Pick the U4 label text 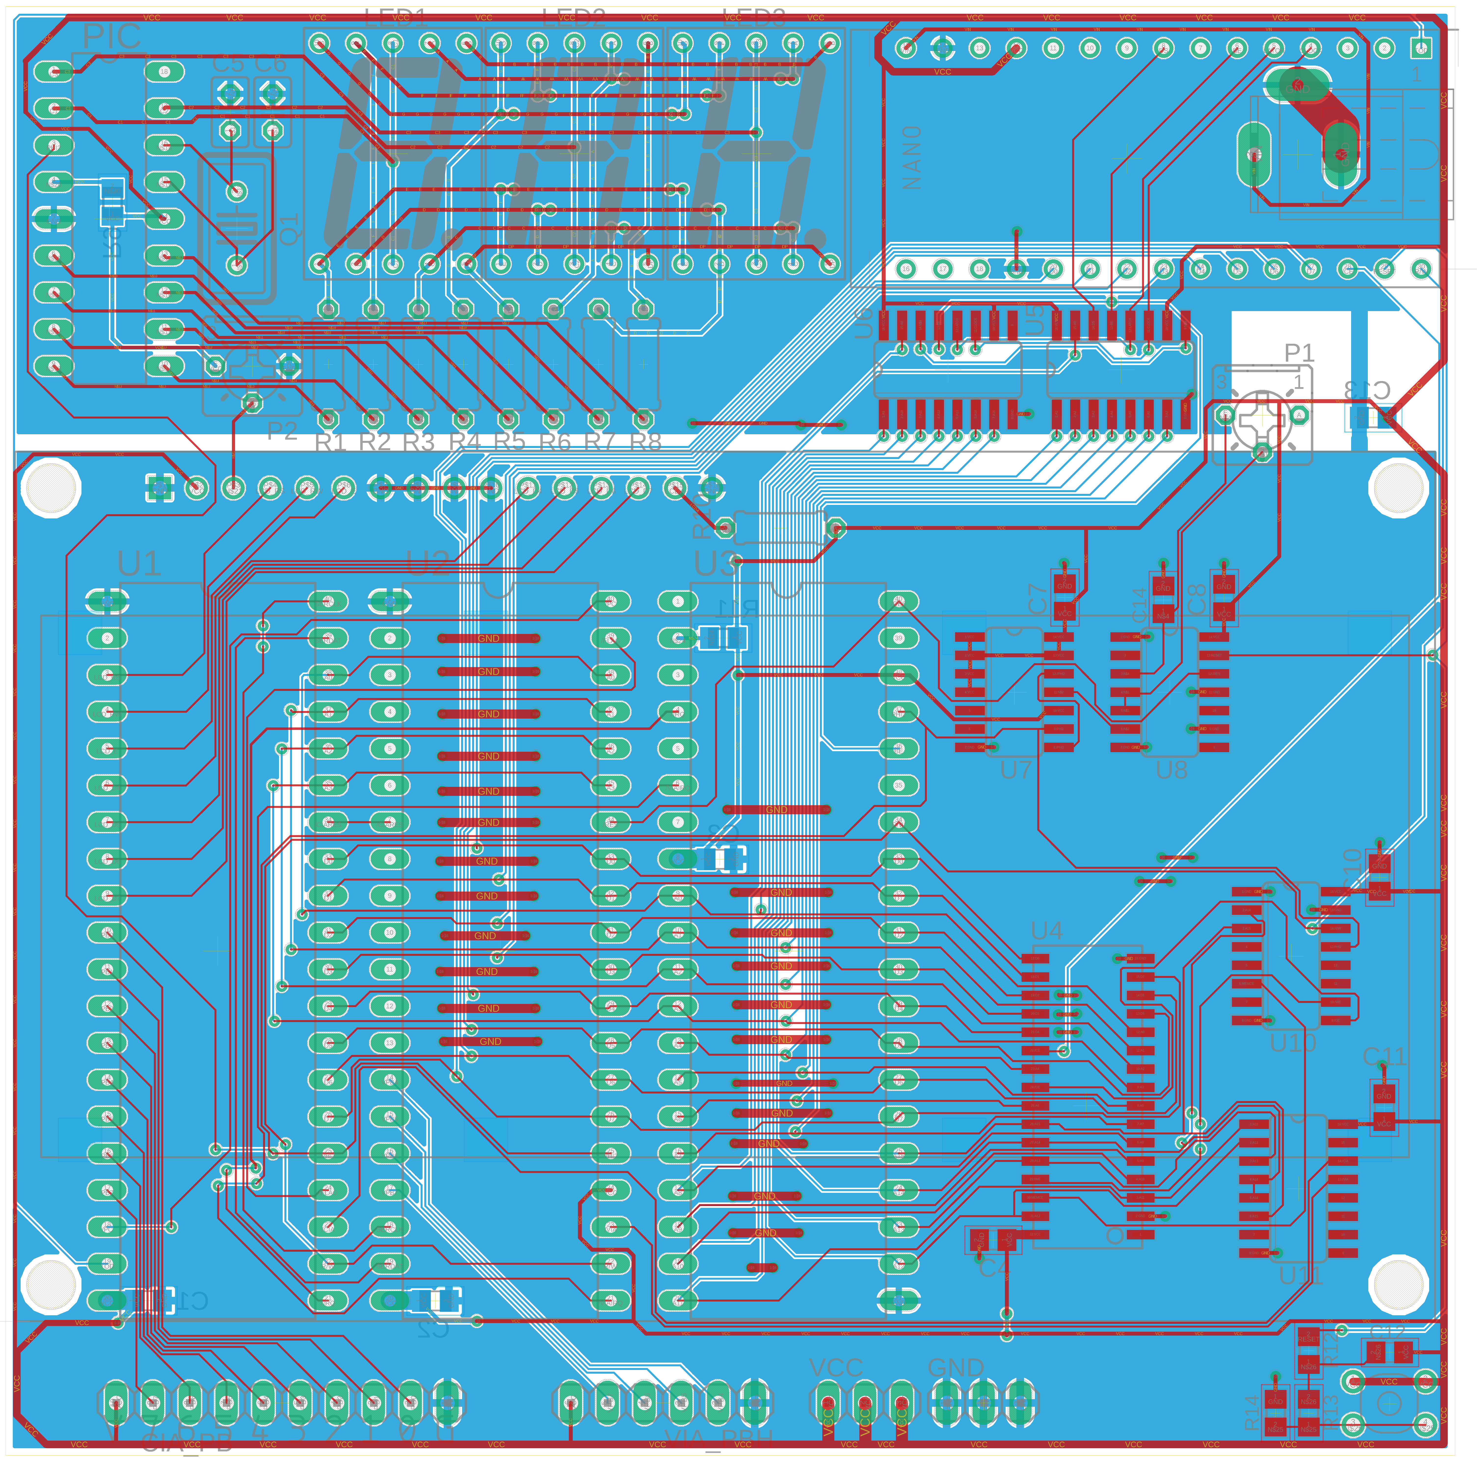pos(1047,931)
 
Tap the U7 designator pos(1016,770)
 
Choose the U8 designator pos(1172,770)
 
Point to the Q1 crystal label pos(289,229)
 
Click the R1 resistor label pos(330,442)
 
